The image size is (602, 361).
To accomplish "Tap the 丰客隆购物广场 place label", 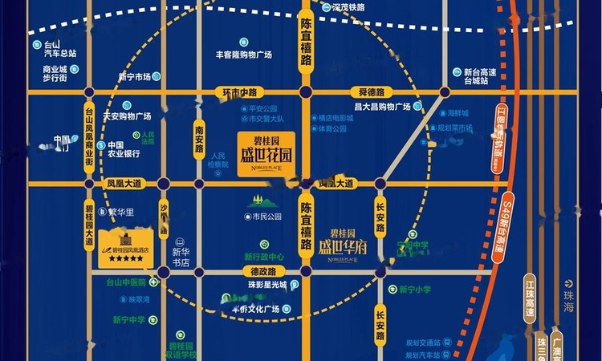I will tap(244, 55).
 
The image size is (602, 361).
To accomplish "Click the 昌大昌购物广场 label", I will tap(382, 107).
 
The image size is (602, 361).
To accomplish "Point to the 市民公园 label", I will tap(266, 217).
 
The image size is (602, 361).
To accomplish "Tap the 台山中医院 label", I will tap(126, 282).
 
